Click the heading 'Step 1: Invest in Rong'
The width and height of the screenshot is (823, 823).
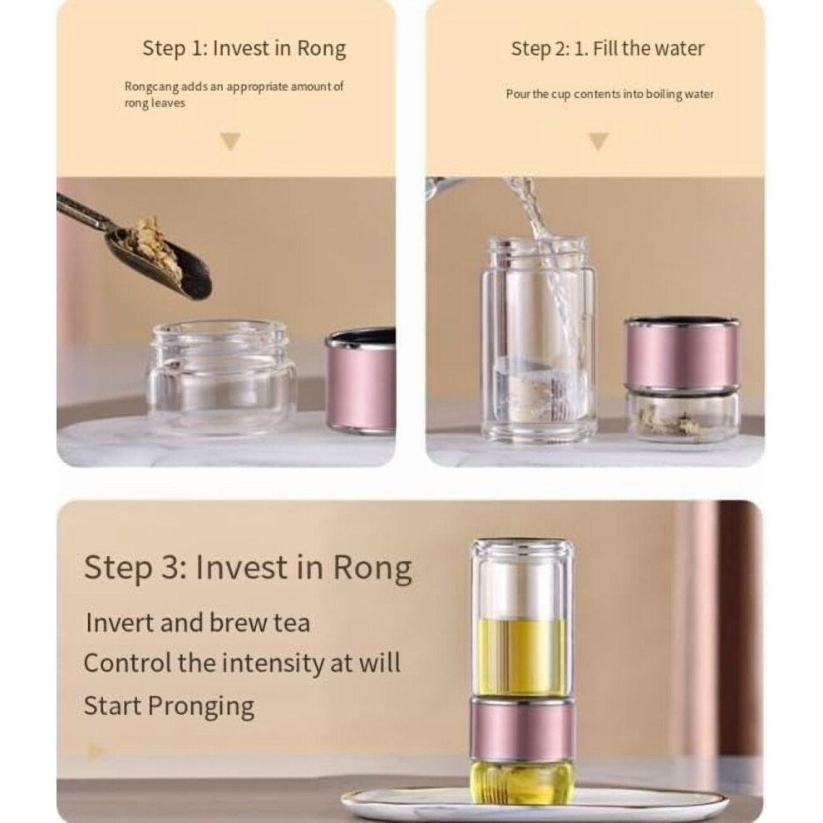[x=244, y=48]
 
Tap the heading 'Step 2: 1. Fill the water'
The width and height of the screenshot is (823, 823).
[x=608, y=48]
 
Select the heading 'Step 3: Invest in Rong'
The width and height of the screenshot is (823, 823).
[x=248, y=568]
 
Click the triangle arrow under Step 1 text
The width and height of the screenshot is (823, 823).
[x=230, y=141]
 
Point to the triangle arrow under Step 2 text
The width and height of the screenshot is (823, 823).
[x=599, y=141]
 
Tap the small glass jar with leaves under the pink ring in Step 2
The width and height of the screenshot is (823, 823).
[x=683, y=415]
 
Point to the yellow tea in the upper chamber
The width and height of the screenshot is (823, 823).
[x=521, y=656]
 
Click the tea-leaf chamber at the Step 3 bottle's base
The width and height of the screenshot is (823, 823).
[x=521, y=782]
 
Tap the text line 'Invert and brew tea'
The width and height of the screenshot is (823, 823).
[x=198, y=623]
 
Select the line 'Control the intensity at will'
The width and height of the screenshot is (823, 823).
[x=242, y=663]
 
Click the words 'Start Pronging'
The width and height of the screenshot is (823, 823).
[x=169, y=706]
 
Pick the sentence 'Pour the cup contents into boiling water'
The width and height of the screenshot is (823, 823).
[x=609, y=94]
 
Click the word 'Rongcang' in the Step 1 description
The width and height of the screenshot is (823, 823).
[x=151, y=86]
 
